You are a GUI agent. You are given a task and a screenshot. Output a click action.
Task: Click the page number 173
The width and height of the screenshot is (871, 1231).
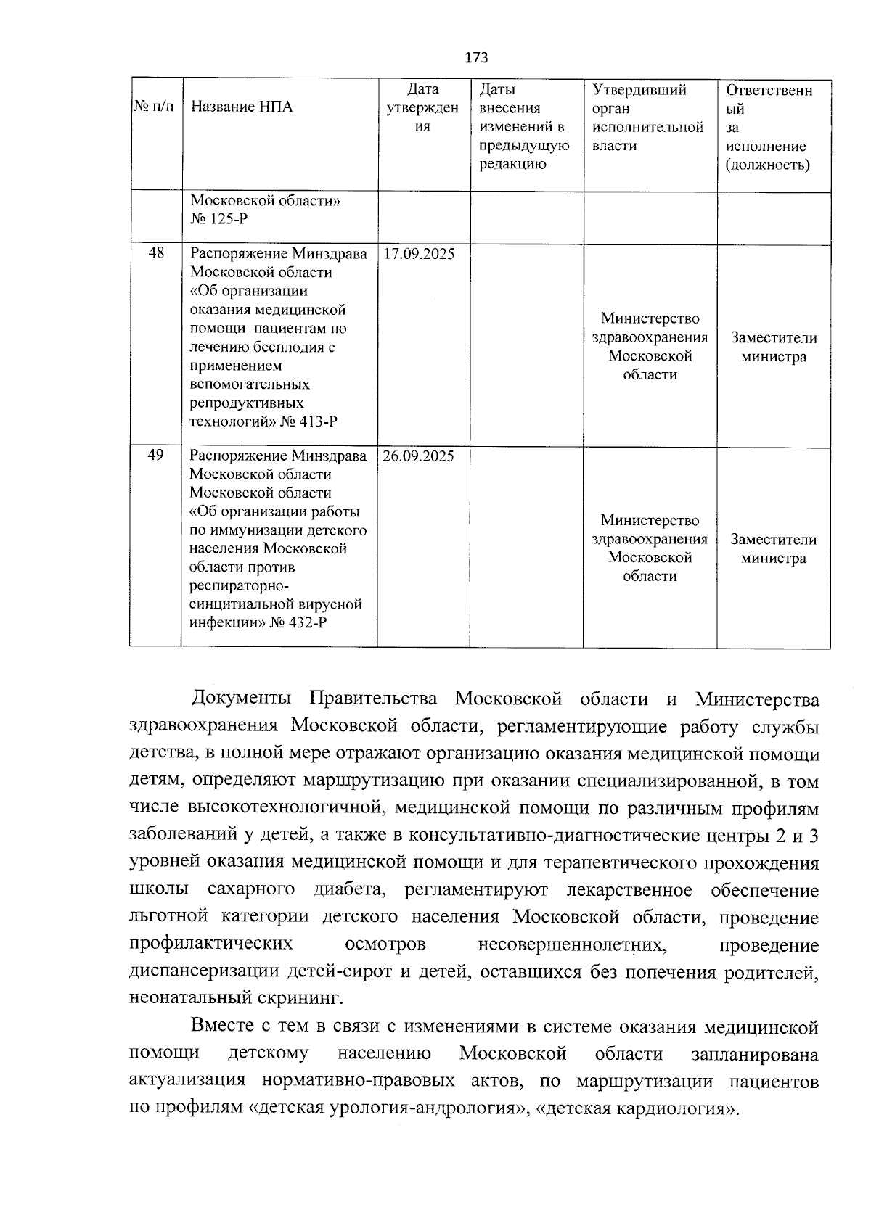(x=475, y=58)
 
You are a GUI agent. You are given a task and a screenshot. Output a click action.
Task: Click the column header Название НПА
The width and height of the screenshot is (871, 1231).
(x=242, y=107)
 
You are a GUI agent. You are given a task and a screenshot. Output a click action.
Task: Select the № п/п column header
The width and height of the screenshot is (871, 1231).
(x=155, y=107)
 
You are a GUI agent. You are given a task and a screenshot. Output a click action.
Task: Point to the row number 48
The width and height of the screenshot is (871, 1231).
(x=155, y=253)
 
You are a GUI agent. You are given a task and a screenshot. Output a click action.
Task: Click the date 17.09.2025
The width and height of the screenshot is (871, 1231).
(x=419, y=255)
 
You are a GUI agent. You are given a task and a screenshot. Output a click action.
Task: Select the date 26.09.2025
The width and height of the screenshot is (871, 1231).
(x=419, y=456)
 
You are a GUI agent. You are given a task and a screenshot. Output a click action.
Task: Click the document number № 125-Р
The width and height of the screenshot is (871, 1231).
(x=224, y=218)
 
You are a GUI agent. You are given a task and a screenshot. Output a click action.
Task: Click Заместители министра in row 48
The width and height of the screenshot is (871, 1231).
(x=773, y=347)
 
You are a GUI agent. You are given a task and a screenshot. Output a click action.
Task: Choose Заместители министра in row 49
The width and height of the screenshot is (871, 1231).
(x=773, y=549)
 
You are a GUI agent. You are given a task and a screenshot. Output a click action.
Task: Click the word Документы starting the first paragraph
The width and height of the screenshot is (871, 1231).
(x=241, y=699)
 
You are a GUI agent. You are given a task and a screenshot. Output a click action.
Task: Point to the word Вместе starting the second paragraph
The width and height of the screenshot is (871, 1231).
(x=221, y=1027)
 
